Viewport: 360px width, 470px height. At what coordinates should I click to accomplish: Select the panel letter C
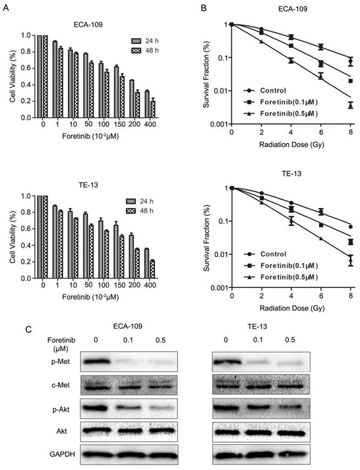click(x=5, y=327)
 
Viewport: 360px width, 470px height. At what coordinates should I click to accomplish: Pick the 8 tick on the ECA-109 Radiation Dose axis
click(x=351, y=132)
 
